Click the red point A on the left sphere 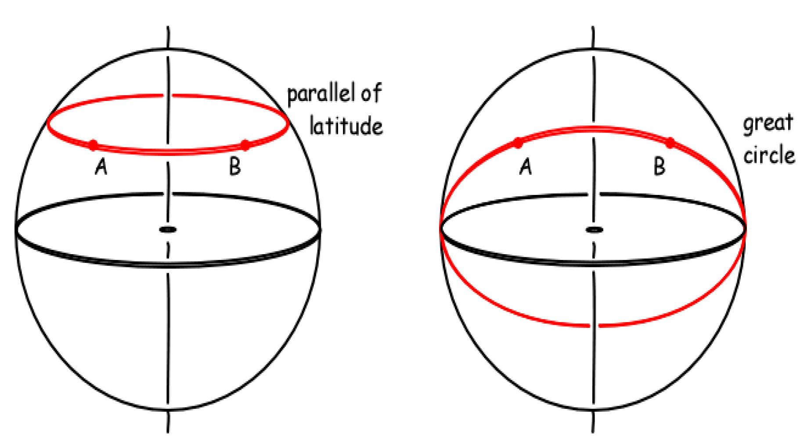point(93,145)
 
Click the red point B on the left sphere point(245,145)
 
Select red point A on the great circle point(519,143)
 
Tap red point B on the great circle point(670,143)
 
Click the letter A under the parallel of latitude point(101,167)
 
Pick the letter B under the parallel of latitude point(235,167)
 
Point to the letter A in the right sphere point(526,167)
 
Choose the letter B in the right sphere point(660,167)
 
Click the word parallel point(321,94)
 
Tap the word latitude point(346,126)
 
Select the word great point(768,123)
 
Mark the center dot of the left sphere point(168,230)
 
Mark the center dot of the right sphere point(594,230)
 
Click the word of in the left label point(371,93)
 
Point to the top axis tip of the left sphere point(168,28)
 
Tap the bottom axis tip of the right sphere point(593,431)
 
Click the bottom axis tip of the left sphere point(168,431)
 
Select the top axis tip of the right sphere point(593,28)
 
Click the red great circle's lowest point point(594,326)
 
